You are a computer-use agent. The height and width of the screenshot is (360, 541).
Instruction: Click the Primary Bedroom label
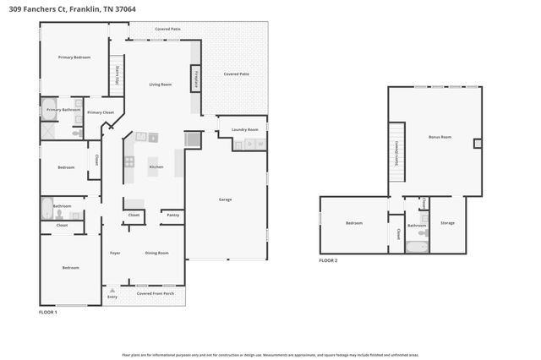pos(74,57)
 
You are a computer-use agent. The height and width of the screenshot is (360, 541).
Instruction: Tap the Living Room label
pos(161,85)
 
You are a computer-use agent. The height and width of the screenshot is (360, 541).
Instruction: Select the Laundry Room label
pos(245,129)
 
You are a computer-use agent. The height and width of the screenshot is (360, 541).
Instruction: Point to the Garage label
pos(226,199)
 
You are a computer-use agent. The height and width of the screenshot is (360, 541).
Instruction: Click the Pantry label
pos(172,215)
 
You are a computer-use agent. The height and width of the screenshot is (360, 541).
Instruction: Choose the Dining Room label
pos(156,253)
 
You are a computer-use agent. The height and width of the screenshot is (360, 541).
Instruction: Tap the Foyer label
pos(115,253)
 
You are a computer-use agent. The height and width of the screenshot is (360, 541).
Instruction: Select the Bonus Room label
pos(440,136)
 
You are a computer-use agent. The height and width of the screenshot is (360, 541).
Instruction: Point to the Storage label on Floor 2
pos(448,223)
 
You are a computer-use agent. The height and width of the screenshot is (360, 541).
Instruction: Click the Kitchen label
pos(156,166)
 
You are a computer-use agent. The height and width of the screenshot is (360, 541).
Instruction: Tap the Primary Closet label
pos(101,112)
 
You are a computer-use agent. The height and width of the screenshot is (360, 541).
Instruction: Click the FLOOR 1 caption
pos(48,313)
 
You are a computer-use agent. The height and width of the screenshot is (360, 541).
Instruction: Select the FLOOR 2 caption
pos(328,260)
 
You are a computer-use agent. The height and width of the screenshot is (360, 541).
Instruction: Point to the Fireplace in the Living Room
pos(195,79)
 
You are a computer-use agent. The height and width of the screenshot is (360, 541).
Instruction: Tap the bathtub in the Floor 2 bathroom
pos(416,247)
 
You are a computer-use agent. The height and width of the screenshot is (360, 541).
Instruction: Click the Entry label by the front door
pos(112,297)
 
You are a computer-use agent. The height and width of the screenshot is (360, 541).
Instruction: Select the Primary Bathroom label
pos(63,110)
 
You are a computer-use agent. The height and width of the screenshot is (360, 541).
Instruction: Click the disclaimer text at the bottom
pos(270,356)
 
